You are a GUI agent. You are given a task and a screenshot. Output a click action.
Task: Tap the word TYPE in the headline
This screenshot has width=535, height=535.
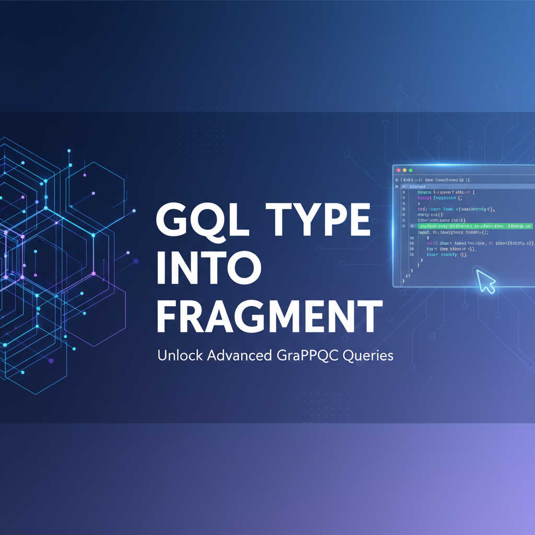click(x=317, y=222)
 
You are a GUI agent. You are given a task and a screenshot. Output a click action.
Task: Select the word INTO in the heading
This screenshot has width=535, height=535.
click(x=209, y=267)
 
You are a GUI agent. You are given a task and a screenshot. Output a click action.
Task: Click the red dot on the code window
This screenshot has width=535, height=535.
click(x=398, y=170)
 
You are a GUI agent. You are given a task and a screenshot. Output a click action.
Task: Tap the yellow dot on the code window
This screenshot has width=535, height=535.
click(x=404, y=170)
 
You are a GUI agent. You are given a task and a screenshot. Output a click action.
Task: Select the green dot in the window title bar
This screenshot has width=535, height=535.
click(x=411, y=170)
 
